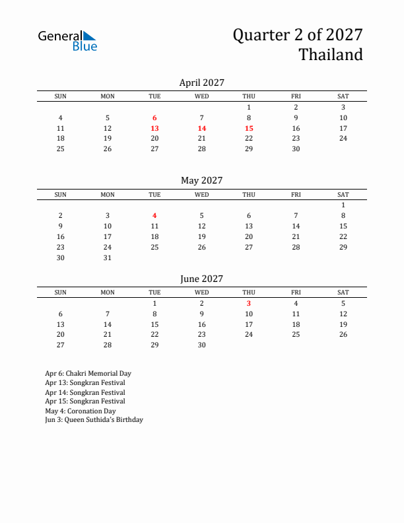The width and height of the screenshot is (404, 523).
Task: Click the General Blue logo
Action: [67, 40]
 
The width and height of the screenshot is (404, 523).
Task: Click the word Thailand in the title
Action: [331, 54]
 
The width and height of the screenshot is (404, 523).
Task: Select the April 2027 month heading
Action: [202, 83]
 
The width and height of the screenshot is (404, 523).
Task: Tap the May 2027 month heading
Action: [202, 180]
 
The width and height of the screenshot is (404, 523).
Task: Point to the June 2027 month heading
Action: [202, 279]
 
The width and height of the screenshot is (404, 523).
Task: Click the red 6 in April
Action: [154, 118]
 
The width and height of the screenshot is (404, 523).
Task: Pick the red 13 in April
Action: [154, 128]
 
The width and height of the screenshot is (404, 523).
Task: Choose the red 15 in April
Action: [249, 128]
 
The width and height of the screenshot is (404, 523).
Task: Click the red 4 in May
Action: [154, 215]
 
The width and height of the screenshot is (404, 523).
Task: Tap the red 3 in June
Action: [249, 303]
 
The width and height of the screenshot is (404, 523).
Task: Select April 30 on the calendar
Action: [296, 149]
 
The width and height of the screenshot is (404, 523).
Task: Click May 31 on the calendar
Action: [108, 258]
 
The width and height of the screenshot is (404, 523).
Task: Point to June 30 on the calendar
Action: [202, 345]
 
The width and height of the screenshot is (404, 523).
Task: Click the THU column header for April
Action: [249, 96]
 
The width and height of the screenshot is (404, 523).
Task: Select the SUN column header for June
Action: [60, 293]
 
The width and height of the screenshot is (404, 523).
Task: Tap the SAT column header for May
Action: [343, 194]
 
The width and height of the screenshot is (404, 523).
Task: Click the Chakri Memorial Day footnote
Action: [88, 374]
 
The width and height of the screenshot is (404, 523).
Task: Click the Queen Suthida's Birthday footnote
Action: [94, 420]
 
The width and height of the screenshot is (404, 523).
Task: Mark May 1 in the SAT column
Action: [343, 205]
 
